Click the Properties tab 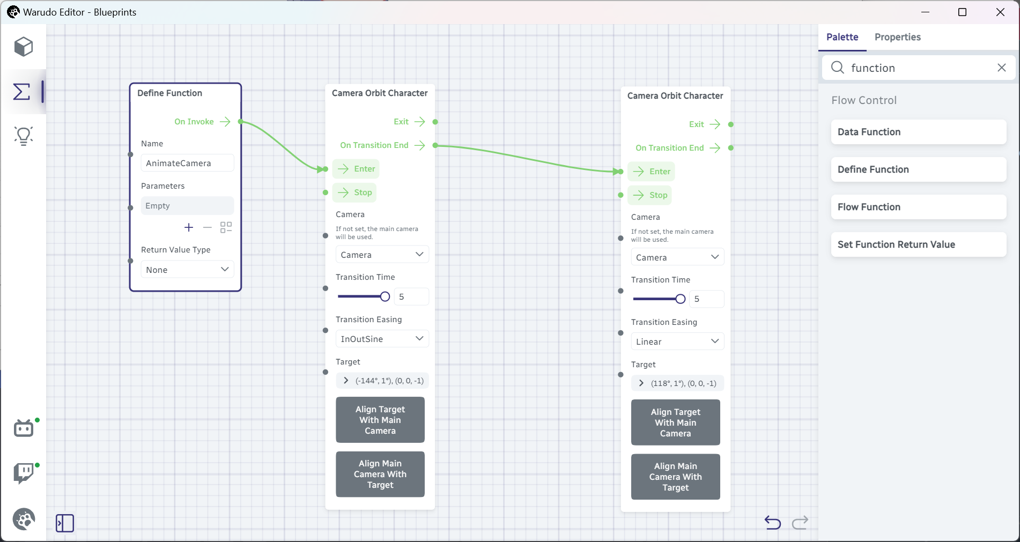click(897, 37)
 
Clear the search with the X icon click(1001, 68)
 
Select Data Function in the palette click(918, 132)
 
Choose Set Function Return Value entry click(918, 244)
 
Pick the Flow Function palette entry click(918, 207)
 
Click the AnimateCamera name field click(187, 163)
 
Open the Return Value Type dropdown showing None click(187, 269)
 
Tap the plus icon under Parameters click(189, 227)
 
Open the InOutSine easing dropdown click(382, 338)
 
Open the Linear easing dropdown click(677, 341)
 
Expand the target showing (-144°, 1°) click(346, 381)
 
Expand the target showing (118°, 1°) click(641, 383)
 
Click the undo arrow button click(772, 522)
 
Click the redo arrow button click(800, 522)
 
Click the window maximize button click(962, 12)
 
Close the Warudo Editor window click(1000, 12)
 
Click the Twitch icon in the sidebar click(24, 473)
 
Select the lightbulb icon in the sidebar click(24, 136)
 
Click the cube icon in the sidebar click(24, 47)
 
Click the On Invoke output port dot click(241, 122)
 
